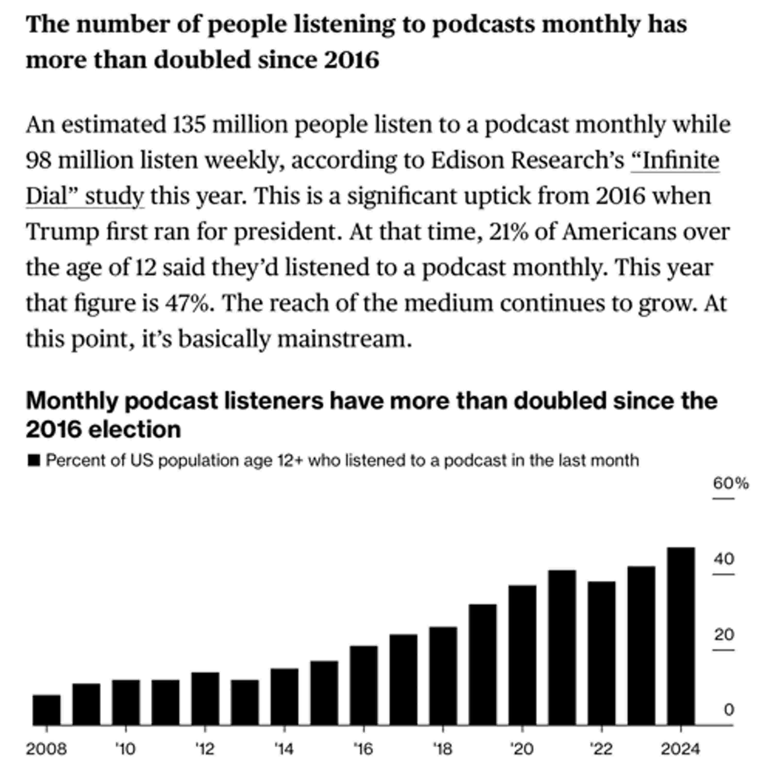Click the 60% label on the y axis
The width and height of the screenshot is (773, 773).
pyautogui.click(x=730, y=484)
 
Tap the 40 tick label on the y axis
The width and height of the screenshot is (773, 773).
pyautogui.click(x=724, y=559)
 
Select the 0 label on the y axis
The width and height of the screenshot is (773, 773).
pyautogui.click(x=729, y=710)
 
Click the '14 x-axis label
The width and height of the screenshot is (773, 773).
pyautogui.click(x=284, y=749)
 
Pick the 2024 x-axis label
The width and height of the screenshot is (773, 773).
pyautogui.click(x=680, y=749)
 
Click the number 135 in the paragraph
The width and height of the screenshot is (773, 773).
pyautogui.click(x=189, y=124)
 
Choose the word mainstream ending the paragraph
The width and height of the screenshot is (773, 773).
pyautogui.click(x=344, y=339)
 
